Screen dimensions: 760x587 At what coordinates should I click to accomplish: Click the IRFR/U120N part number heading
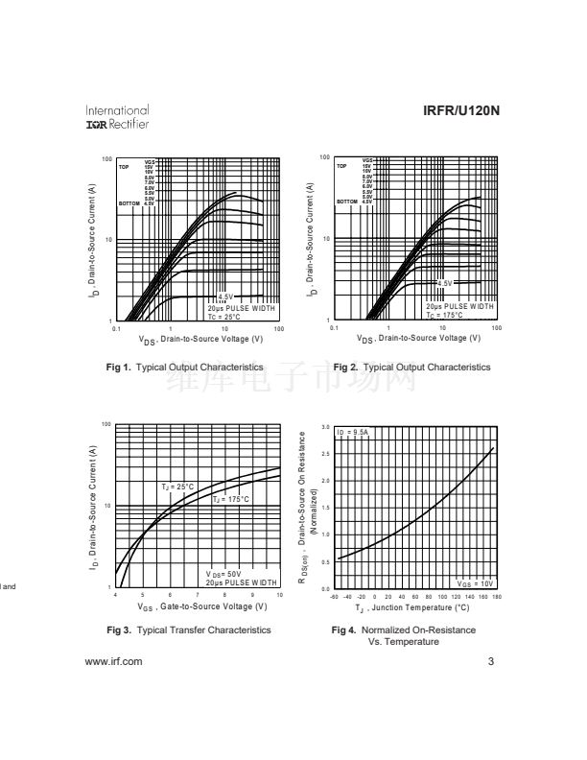(x=461, y=111)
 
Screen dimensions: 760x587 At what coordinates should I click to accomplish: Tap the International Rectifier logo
(x=117, y=117)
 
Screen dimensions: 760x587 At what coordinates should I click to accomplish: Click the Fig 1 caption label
(x=185, y=368)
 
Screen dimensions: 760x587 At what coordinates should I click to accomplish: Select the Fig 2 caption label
(x=411, y=368)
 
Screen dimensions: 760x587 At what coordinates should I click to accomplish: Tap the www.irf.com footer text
(x=113, y=661)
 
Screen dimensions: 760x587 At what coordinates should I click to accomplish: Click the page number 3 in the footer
(x=490, y=661)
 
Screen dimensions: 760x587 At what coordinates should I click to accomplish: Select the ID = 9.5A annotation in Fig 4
(x=352, y=433)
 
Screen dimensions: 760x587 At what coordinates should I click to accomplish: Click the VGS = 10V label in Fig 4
(x=476, y=582)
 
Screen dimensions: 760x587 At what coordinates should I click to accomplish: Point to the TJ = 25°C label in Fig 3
(x=177, y=487)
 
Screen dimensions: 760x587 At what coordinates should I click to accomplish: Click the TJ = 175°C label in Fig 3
(x=230, y=499)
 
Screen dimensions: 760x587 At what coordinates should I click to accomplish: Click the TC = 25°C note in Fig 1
(x=226, y=316)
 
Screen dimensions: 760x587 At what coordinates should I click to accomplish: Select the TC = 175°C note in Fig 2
(x=446, y=315)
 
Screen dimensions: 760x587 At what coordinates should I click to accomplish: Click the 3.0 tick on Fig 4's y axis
(x=325, y=427)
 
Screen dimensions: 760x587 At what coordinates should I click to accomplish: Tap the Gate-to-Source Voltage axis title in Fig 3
(x=201, y=606)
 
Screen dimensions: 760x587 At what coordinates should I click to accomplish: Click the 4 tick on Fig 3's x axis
(x=116, y=596)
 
